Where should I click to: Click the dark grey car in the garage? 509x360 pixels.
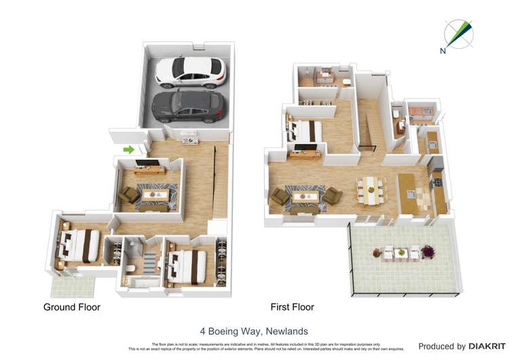click(188, 107)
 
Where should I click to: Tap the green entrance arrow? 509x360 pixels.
click(128, 149)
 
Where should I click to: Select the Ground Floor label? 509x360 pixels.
click(72, 307)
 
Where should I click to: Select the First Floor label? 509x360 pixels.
click(292, 307)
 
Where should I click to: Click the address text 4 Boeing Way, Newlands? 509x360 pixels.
click(254, 331)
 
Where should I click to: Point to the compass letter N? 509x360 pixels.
click(443, 50)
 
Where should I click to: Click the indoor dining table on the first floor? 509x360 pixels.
click(371, 190)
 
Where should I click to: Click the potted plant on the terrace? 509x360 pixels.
click(428, 251)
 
